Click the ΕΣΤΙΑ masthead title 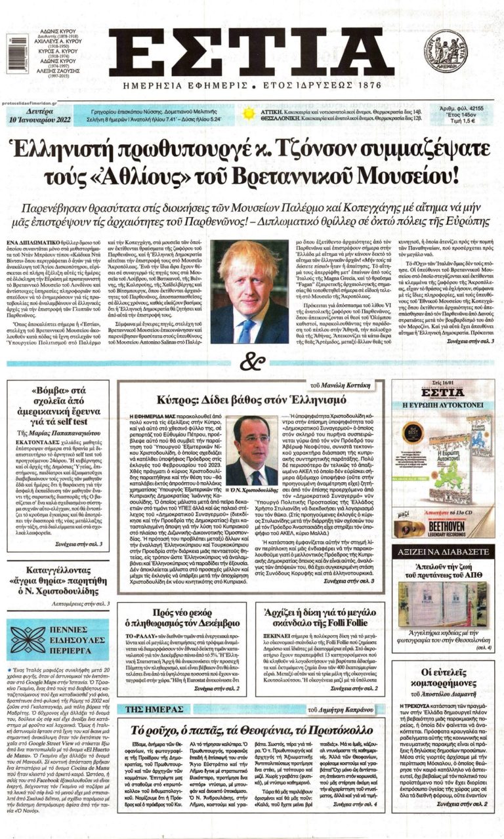pos(251,56)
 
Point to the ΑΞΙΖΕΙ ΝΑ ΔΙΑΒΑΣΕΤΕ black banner pos(448,553)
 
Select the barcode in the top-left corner pos(8,50)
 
